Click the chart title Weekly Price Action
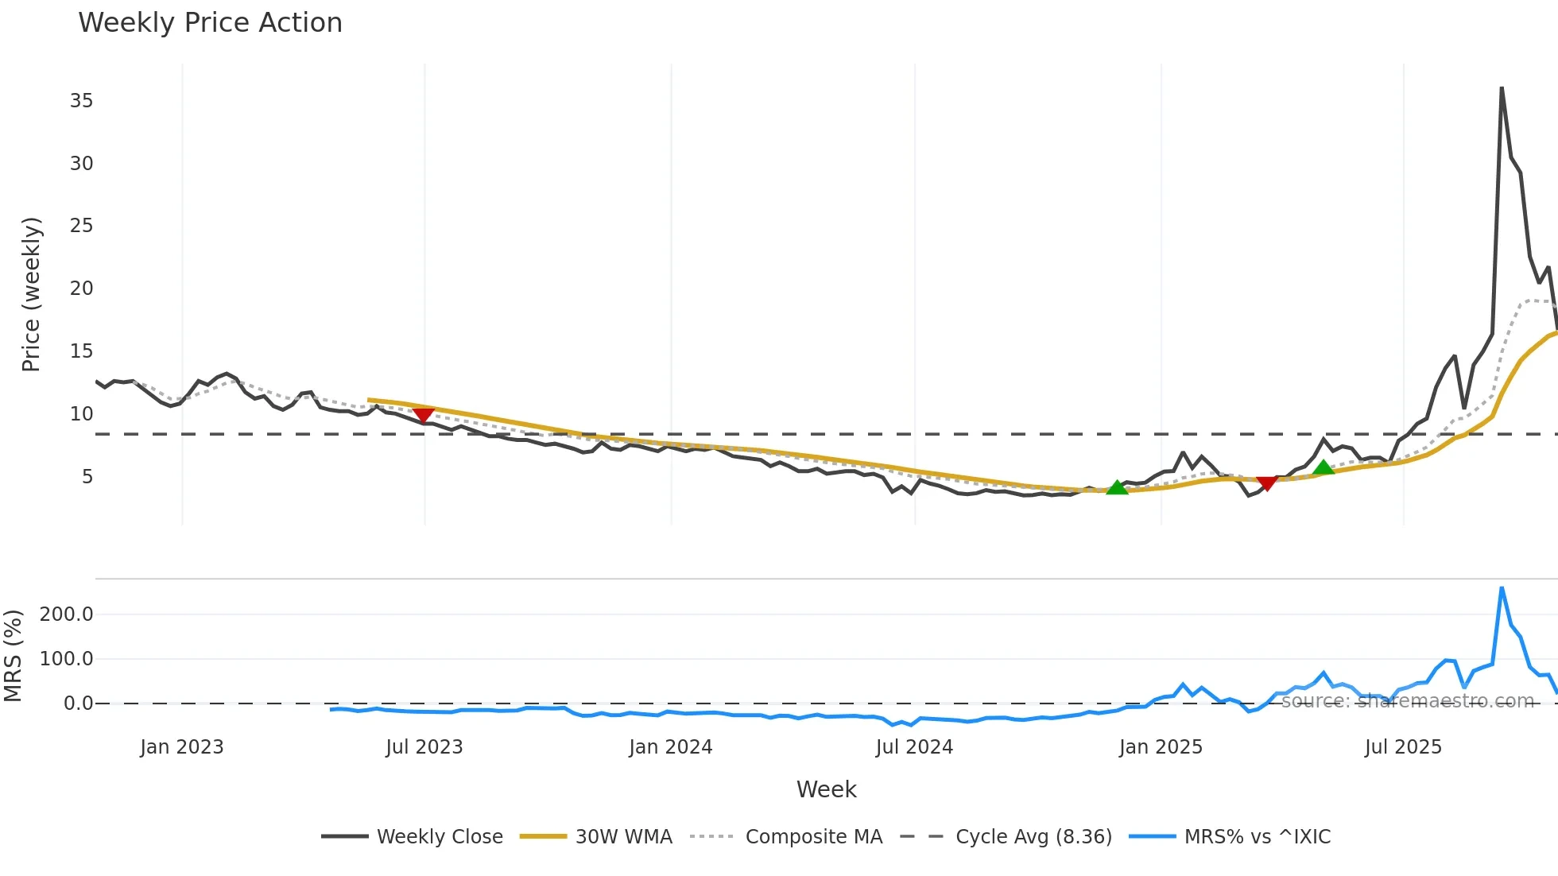click(210, 23)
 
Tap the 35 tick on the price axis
click(81, 101)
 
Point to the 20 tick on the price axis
click(81, 289)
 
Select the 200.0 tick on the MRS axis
click(67, 614)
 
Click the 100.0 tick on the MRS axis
click(67, 659)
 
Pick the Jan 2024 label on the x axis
click(670, 747)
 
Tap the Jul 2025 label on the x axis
click(1403, 747)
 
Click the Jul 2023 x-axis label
click(424, 747)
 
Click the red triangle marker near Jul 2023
click(424, 415)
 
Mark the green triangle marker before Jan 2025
click(1117, 487)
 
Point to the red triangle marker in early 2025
click(1267, 483)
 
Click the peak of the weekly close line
click(1502, 87)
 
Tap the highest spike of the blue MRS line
click(1502, 588)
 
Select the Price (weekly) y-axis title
click(31, 294)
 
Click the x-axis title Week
click(826, 789)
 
